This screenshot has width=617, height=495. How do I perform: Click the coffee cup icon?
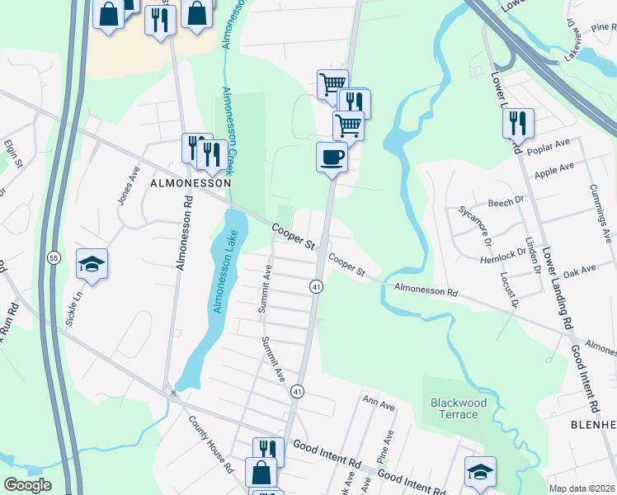(332, 156)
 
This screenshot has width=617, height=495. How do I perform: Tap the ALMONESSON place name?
(190, 184)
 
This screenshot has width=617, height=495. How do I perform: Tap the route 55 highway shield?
(53, 257)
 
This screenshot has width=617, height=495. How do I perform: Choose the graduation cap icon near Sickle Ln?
(92, 264)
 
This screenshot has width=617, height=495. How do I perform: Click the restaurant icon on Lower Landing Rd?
(518, 123)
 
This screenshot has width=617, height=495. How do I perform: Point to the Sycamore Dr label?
(476, 226)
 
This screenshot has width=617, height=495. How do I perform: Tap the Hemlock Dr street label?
(504, 257)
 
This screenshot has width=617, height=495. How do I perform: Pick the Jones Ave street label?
(126, 189)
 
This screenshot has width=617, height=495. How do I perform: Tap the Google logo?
(27, 485)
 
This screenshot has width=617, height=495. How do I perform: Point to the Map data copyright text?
(582, 488)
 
